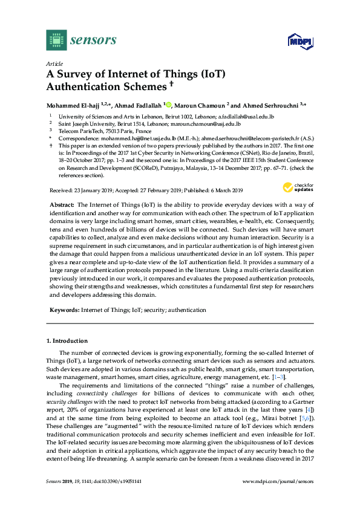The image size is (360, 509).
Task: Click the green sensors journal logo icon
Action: point(56,40)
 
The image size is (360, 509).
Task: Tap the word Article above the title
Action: point(54,63)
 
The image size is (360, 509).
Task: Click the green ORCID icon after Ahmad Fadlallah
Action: point(169,104)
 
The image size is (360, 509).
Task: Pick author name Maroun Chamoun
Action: point(200,104)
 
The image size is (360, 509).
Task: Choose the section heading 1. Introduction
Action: point(67,341)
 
